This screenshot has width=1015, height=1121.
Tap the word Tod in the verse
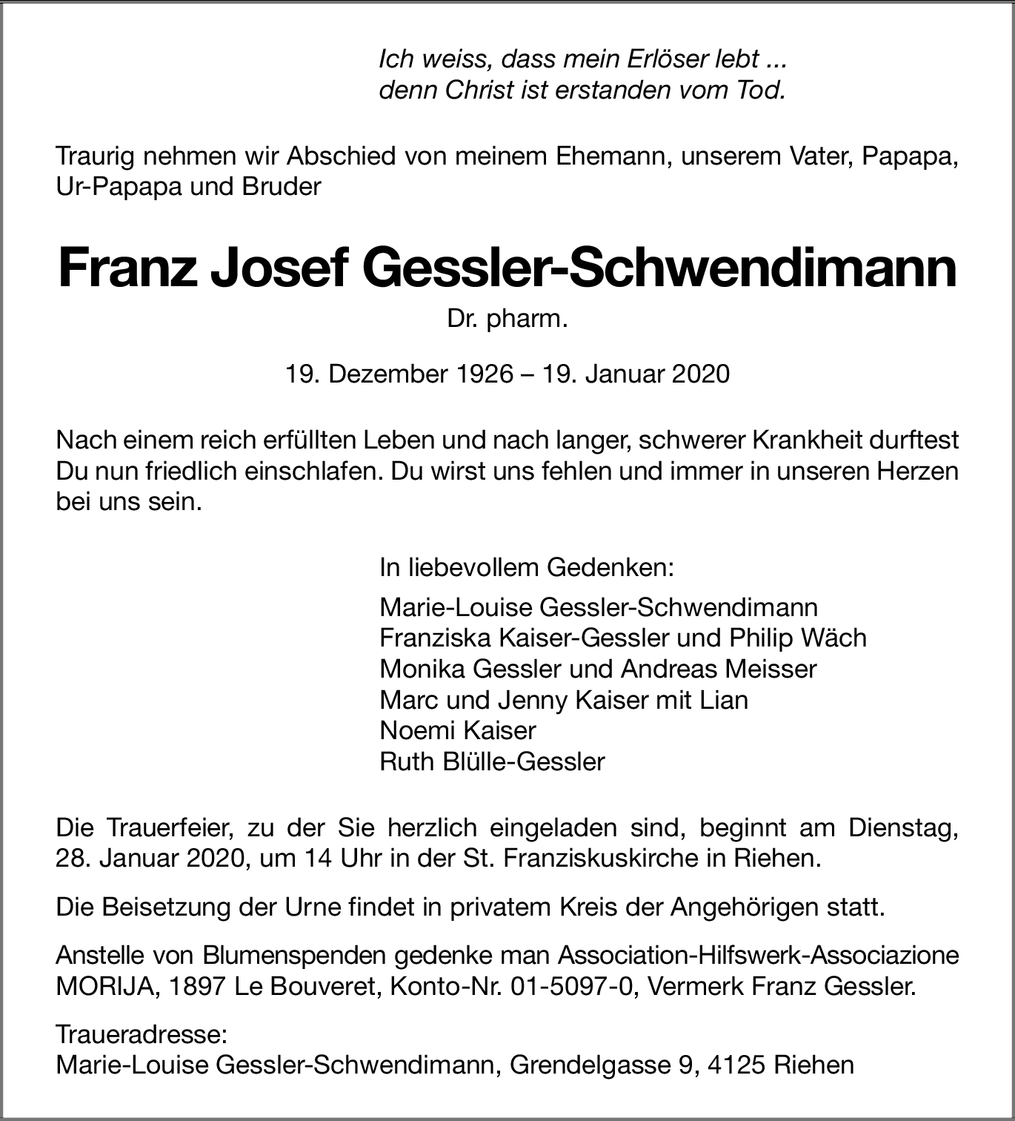[760, 90]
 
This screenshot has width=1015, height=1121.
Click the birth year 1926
[480, 374]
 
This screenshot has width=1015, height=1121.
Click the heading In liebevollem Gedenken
[527, 568]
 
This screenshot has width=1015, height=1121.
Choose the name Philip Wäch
[798, 638]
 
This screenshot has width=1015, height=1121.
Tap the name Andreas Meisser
[719, 669]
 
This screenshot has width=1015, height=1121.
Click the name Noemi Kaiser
[457, 730]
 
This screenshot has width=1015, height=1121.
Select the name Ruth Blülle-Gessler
[492, 761]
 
